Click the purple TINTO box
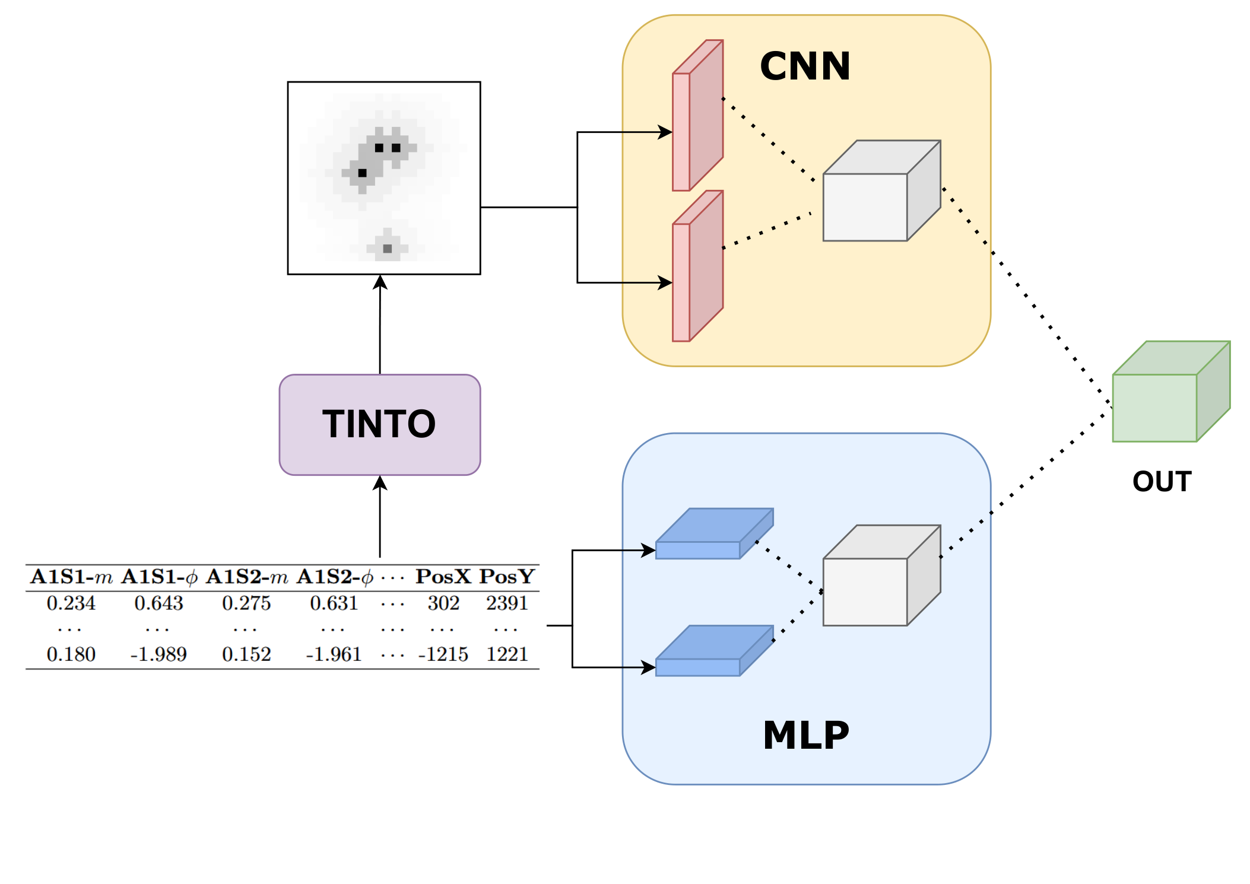pyautogui.click(x=380, y=424)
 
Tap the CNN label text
pyautogui.click(x=805, y=66)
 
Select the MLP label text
pyautogui.click(x=805, y=735)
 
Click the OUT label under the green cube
pyautogui.click(x=1162, y=481)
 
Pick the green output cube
pyautogui.click(x=1171, y=391)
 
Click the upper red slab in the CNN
pyautogui.click(x=697, y=115)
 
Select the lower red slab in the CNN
pyautogui.click(x=697, y=266)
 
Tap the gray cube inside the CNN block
pyautogui.click(x=881, y=190)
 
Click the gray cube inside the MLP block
pyautogui.click(x=881, y=575)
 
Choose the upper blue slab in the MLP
pyautogui.click(x=715, y=533)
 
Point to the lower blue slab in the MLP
pyautogui.click(x=715, y=650)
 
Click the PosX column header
pyautogui.click(x=443, y=576)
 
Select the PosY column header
pyautogui.click(x=507, y=576)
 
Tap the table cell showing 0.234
pyautogui.click(x=71, y=603)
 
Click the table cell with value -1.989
pyautogui.click(x=158, y=654)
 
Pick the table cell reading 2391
pyautogui.click(x=507, y=603)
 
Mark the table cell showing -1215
pyautogui.click(x=443, y=654)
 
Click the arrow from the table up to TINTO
pyautogui.click(x=380, y=516)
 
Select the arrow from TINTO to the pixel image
pyautogui.click(x=380, y=324)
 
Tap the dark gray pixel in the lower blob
pyautogui.click(x=388, y=249)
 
